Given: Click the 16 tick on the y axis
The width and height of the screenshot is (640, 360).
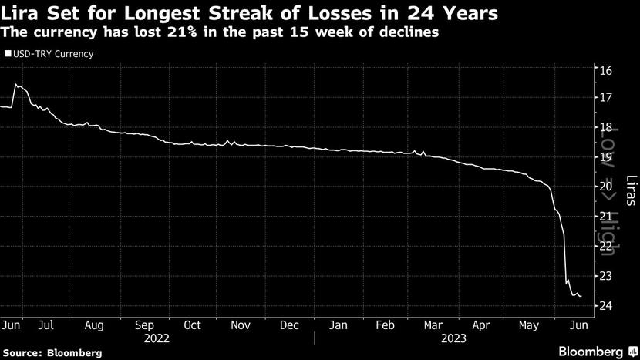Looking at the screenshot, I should coord(605,70).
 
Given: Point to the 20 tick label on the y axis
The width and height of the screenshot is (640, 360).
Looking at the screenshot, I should coord(605,187).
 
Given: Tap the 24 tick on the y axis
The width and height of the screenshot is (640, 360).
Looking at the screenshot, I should coord(605,306).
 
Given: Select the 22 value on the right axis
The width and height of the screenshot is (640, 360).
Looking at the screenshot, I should coord(605,247).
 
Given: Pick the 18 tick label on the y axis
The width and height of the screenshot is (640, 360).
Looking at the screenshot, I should coord(605,128).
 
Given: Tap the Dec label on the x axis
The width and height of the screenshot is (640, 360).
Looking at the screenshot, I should coord(289,325).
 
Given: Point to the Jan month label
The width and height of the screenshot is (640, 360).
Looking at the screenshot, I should coord(338,325).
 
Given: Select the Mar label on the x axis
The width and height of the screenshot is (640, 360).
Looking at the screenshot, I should coord(433,325).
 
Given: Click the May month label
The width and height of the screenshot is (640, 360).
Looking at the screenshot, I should coord(530,325).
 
